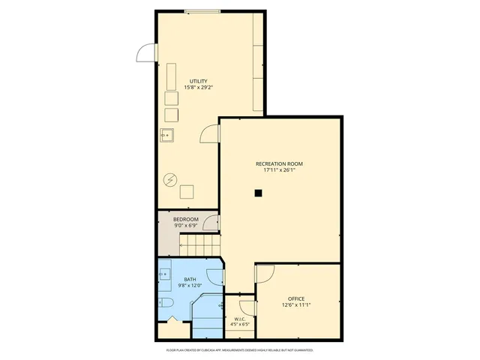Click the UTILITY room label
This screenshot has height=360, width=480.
click(198, 81)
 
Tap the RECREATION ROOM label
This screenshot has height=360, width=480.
click(279, 163)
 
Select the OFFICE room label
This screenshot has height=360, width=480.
click(296, 298)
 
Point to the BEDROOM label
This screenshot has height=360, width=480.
click(186, 219)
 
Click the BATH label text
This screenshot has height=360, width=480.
click(190, 280)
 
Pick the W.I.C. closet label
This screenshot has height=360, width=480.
click(240, 319)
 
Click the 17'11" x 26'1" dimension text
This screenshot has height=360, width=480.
click(279, 170)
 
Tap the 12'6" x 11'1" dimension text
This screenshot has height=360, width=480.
click(296, 305)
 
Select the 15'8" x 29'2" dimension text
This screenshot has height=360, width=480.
click(198, 88)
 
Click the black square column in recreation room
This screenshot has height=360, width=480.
click(258, 193)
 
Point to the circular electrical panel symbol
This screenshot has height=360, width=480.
click(170, 179)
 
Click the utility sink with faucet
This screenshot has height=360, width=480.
click(167, 136)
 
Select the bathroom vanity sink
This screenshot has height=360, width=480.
click(164, 274)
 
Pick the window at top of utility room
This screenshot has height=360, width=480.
click(202, 10)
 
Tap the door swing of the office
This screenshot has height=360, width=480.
click(265, 274)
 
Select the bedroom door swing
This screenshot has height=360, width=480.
click(211, 223)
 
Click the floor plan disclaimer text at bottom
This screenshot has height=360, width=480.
click(239, 350)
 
